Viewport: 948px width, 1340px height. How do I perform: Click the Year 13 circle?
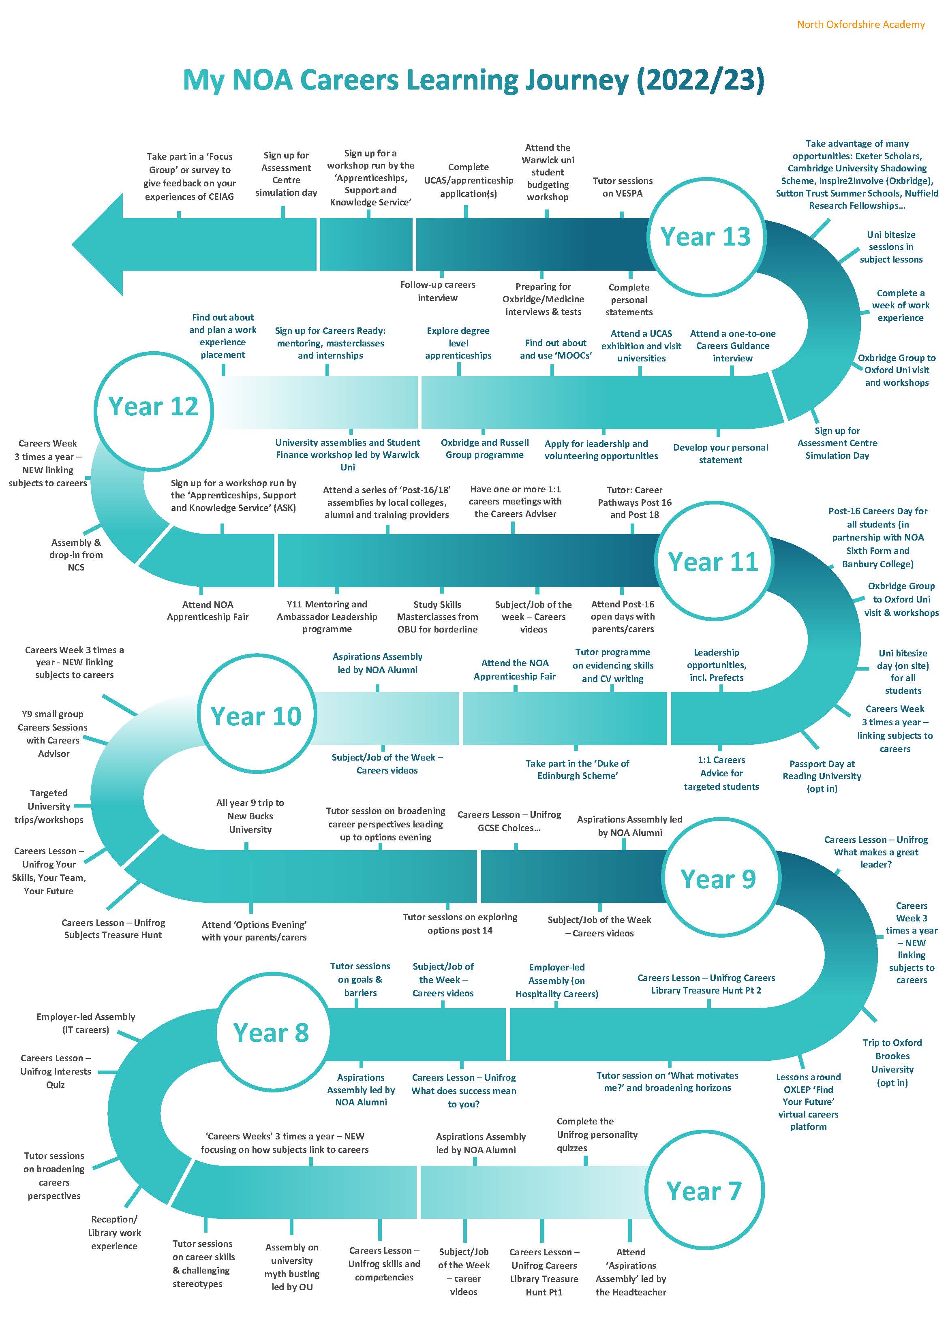(x=705, y=236)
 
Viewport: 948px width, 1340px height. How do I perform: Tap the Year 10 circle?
(x=256, y=716)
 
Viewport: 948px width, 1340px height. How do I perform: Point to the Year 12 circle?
(x=154, y=406)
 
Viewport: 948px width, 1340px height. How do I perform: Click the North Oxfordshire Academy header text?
(x=860, y=24)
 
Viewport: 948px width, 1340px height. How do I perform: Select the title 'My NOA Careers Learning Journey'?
(x=473, y=80)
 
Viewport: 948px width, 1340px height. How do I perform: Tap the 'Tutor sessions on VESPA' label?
(x=622, y=187)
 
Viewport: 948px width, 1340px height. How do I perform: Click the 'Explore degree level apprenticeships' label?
(x=458, y=343)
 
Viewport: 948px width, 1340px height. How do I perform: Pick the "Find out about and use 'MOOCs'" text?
(x=556, y=349)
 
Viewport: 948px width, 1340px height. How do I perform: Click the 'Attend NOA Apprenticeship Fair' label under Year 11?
(x=208, y=611)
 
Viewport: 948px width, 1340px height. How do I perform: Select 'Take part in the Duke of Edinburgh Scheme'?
(x=577, y=769)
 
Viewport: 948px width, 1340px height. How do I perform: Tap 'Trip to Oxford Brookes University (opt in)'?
(x=892, y=1062)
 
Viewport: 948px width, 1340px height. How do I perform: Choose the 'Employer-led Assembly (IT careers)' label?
(x=86, y=1022)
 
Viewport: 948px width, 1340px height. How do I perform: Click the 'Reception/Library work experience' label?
(x=114, y=1233)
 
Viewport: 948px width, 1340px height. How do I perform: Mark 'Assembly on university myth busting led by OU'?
(x=292, y=1267)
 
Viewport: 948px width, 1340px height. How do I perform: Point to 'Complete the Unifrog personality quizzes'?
(x=597, y=1135)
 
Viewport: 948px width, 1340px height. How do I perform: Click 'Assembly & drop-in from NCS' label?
(x=76, y=554)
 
